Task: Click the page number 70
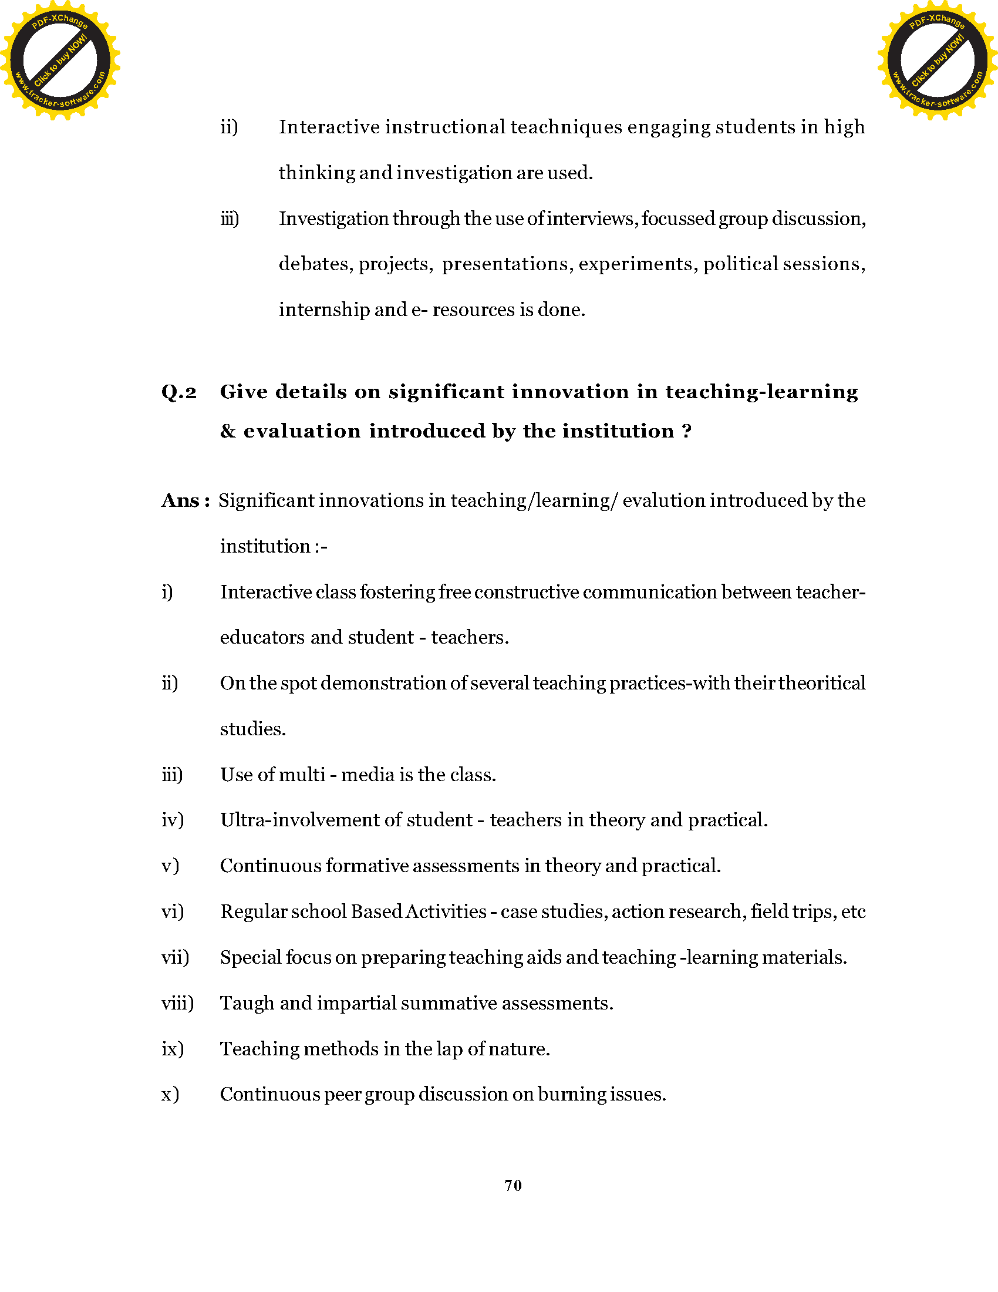tap(513, 1185)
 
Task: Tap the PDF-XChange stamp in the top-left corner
tap(60, 60)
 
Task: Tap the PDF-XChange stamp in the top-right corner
tap(937, 60)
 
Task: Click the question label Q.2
tap(178, 392)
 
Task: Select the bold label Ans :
tap(186, 501)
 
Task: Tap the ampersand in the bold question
tap(228, 431)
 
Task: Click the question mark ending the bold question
tap(686, 431)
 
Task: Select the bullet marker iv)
tap(173, 820)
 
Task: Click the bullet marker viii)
tap(177, 1003)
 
